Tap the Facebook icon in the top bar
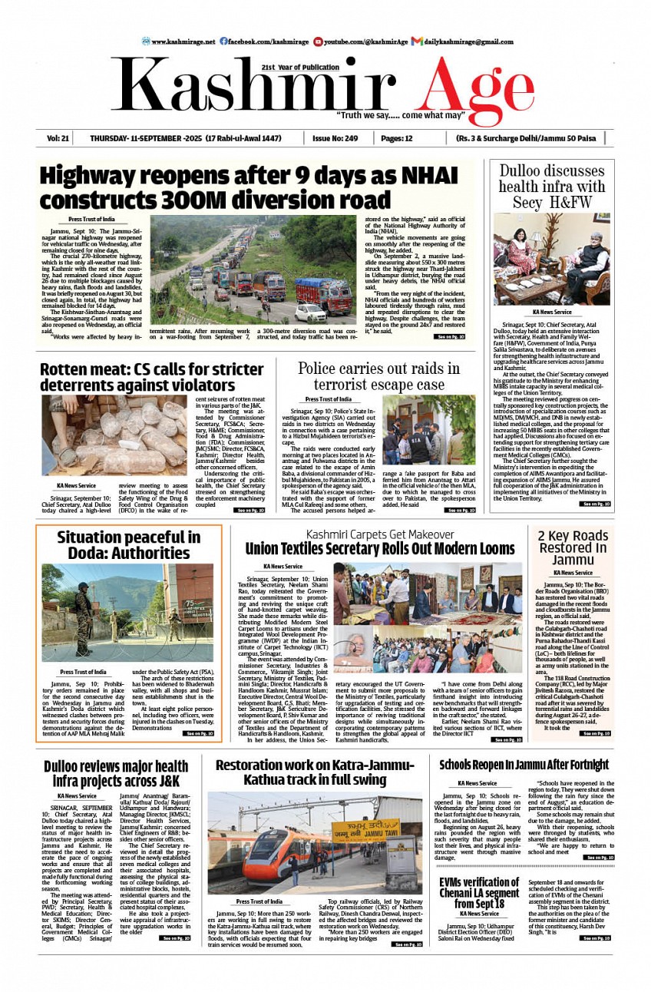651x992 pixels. click(x=223, y=41)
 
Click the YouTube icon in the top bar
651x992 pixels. click(x=318, y=41)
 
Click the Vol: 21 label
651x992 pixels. click(x=58, y=138)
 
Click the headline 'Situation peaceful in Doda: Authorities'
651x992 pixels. click(x=129, y=545)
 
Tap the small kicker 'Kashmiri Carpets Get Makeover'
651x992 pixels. click(x=380, y=534)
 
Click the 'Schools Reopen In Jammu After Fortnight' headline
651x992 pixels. click(x=524, y=765)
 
